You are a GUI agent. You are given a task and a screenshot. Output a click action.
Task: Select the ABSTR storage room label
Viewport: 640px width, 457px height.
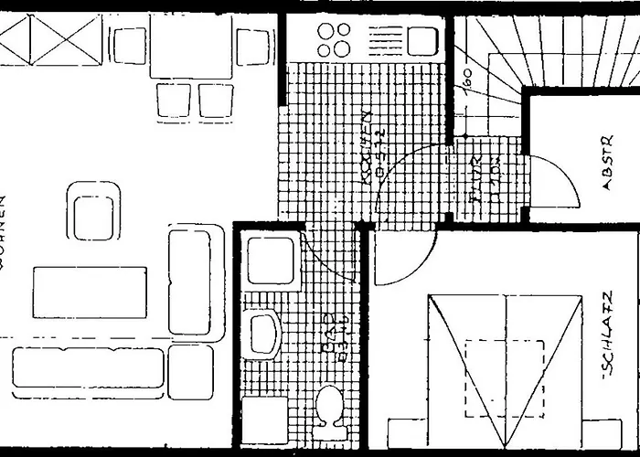(607, 173)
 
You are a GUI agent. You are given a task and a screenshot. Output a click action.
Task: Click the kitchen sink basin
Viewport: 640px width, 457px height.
(421, 40)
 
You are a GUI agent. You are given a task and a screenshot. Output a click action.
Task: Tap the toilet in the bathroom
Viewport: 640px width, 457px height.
(328, 407)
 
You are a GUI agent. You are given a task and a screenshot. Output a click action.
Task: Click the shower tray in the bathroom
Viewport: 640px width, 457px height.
(271, 260)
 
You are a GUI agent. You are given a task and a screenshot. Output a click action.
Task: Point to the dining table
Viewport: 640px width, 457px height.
(190, 46)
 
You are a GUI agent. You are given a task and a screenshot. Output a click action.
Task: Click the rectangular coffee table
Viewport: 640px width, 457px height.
(90, 292)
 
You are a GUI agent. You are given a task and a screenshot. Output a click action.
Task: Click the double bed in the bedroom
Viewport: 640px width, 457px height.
(506, 366)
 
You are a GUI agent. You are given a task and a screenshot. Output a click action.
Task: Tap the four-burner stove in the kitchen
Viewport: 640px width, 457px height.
(334, 39)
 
